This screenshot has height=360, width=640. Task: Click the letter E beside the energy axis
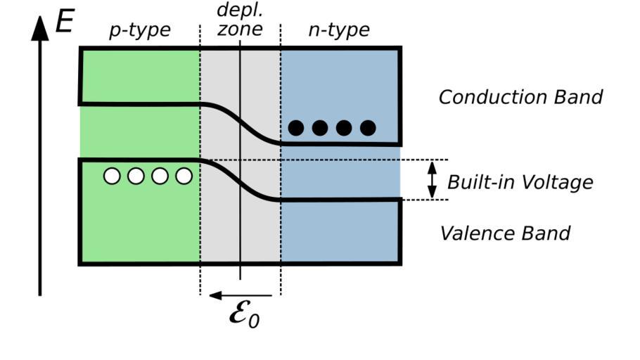pos(64,23)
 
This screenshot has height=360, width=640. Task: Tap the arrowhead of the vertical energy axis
pos(40,30)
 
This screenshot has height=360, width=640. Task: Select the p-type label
pos(139,30)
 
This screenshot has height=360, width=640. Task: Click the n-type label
pos(339,30)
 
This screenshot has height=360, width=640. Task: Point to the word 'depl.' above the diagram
pos(240,11)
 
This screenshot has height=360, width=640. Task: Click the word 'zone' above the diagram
pos(240,30)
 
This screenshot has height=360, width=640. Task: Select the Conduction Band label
pos(520,97)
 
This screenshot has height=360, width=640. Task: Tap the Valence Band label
pos(505,233)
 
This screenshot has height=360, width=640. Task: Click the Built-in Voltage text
pos(520,183)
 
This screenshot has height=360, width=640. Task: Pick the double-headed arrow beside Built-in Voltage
pos(433,180)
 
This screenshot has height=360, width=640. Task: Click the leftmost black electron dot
pos(296,128)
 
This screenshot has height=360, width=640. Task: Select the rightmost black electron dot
pos(368,128)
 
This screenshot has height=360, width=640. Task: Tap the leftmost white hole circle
pos(112,176)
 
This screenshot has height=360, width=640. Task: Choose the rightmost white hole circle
pos(184,176)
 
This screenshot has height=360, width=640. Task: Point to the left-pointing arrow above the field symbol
pos(241,295)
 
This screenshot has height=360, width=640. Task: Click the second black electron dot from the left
pos(320,128)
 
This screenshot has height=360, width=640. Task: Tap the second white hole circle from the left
pos(136,176)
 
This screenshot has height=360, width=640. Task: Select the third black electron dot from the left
pos(344,128)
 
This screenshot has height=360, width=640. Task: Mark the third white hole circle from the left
pos(160,176)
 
